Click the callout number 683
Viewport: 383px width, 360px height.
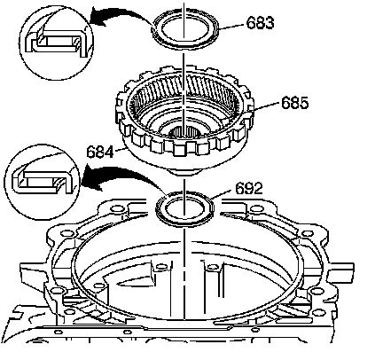pos(260,22)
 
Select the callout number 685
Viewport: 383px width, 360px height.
pos(294,103)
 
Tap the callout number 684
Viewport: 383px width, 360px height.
pos(100,153)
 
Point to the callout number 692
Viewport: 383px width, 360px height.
pos(249,188)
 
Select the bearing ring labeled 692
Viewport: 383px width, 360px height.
pos(184,222)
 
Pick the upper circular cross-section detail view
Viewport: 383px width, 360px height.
pos(56,43)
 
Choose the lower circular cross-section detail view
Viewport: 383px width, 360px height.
pos(43,182)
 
